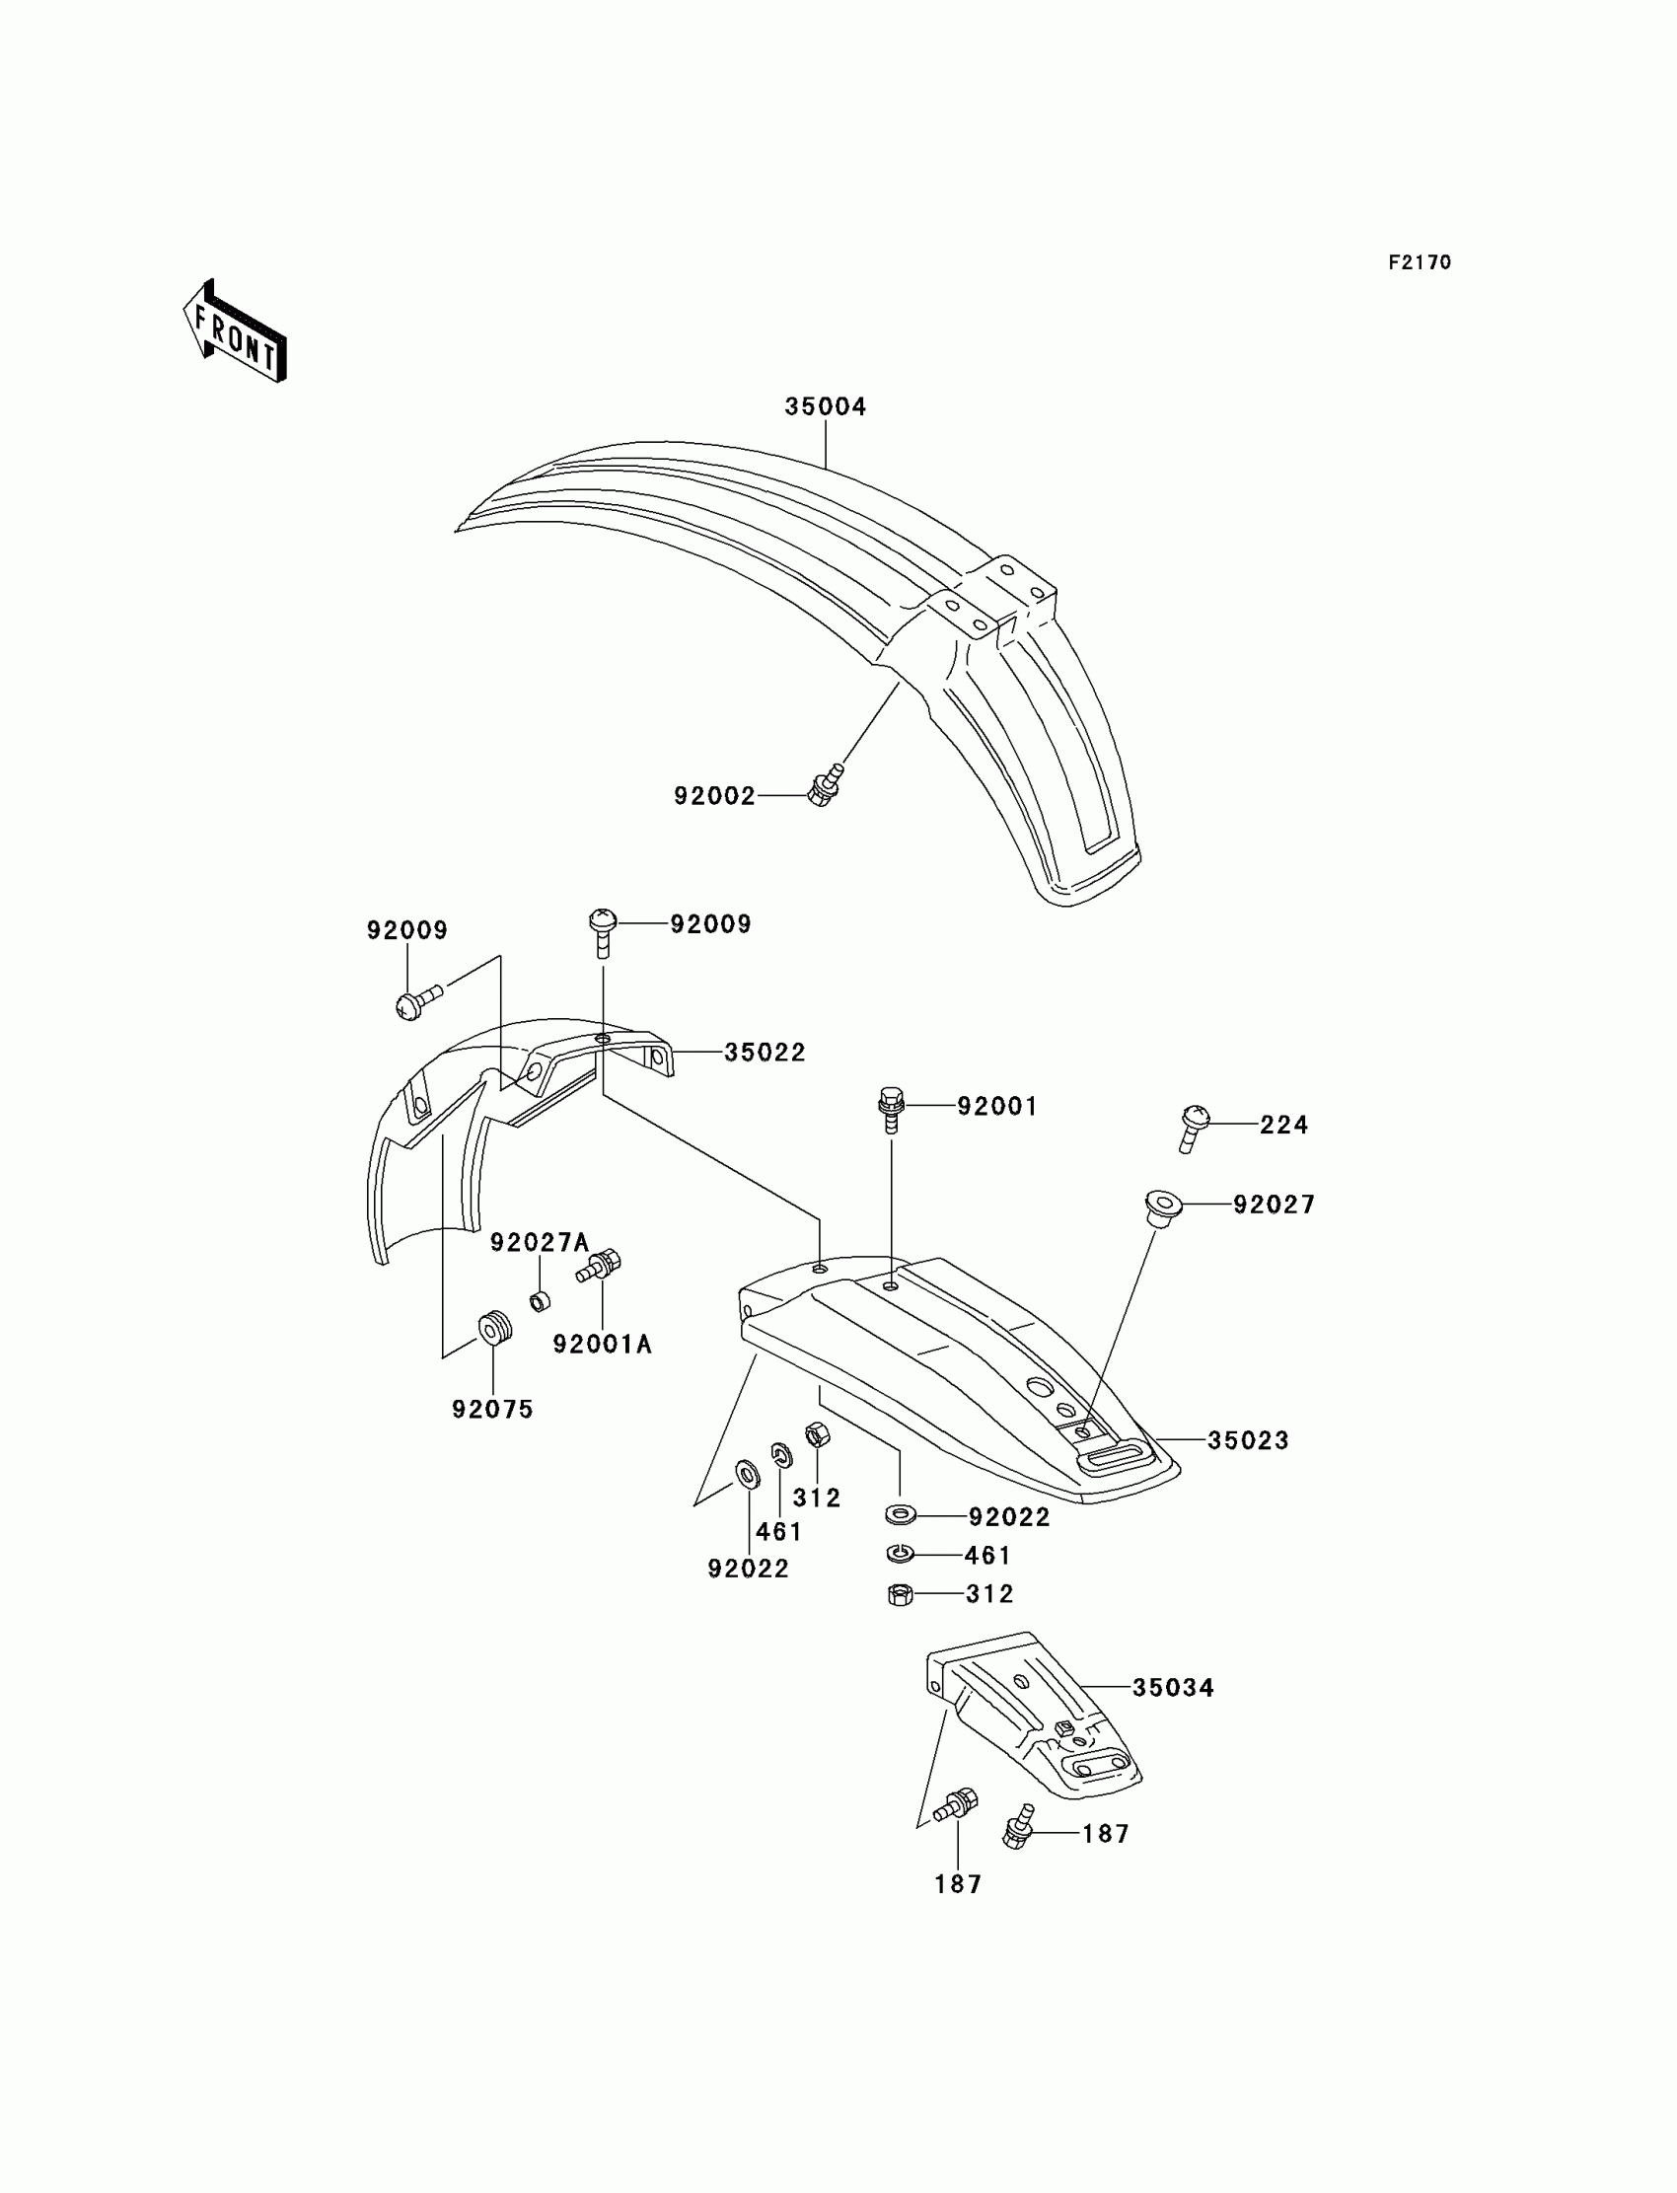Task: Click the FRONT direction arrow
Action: click(x=236, y=332)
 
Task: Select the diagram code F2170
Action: click(x=1419, y=262)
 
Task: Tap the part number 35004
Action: click(x=825, y=407)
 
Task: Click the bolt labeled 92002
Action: click(x=825, y=787)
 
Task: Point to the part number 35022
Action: click(x=764, y=1052)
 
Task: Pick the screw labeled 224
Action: click(x=1193, y=1127)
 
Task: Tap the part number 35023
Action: click(x=1248, y=1440)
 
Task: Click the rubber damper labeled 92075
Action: click(x=495, y=1329)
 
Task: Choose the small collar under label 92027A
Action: click(x=540, y=1301)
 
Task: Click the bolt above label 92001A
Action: click(x=600, y=1267)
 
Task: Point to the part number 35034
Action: click(x=1172, y=1687)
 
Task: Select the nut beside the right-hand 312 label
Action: click(x=900, y=1594)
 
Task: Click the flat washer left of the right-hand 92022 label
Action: click(x=901, y=1516)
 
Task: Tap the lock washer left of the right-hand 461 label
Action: click(x=900, y=1554)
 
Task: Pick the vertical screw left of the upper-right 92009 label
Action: click(x=603, y=929)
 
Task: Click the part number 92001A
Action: click(x=602, y=1345)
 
